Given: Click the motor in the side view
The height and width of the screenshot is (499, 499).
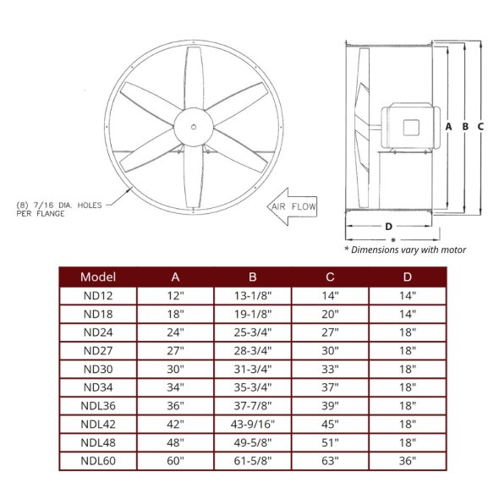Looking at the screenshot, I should (x=409, y=127).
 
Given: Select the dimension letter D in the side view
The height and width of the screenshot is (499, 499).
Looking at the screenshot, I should (x=388, y=226).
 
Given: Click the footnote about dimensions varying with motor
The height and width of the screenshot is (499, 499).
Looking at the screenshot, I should (x=404, y=250).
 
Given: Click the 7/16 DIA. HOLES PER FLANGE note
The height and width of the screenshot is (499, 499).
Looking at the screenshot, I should (x=52, y=209).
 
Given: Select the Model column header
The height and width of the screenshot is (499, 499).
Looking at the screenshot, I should (x=98, y=277).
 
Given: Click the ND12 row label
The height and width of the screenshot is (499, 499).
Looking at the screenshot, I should (x=98, y=295).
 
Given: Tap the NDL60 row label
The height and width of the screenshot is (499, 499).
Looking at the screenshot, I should (x=98, y=461).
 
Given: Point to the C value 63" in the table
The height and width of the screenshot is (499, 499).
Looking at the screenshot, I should (x=331, y=461).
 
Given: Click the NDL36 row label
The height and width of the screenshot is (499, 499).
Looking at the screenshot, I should (x=98, y=406).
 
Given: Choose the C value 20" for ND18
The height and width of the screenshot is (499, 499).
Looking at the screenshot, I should (x=331, y=314).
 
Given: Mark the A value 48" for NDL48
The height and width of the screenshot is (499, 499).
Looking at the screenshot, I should (x=175, y=442).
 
